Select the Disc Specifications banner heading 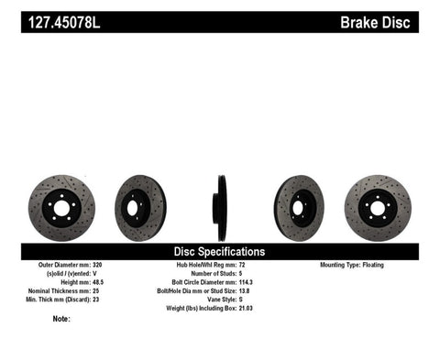tap(220, 251)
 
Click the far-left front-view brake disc tap(61, 206)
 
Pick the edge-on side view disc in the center tap(221, 206)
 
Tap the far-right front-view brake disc tap(378, 206)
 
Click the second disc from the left tap(140, 206)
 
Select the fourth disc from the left tap(299, 206)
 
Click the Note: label tap(61, 320)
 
